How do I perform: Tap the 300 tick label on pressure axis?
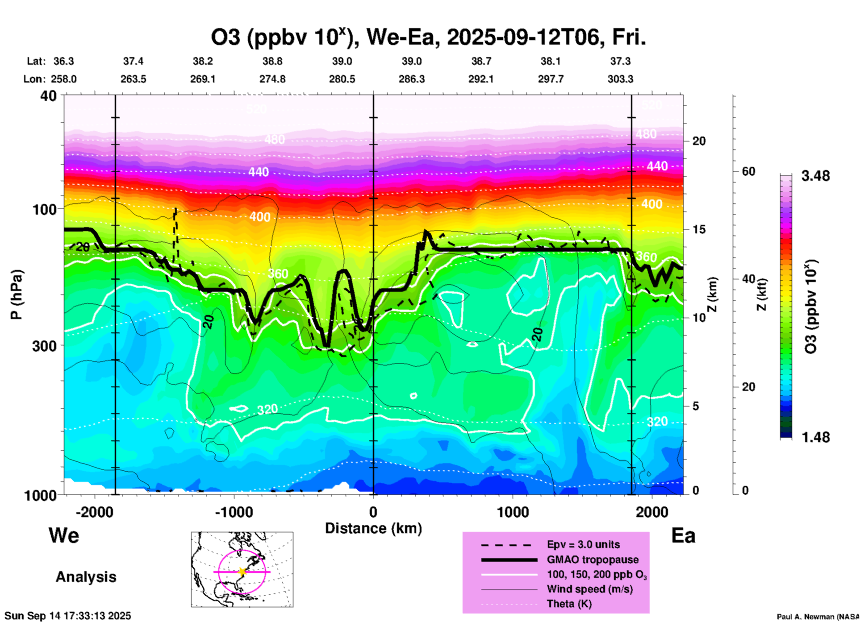[x=44, y=346]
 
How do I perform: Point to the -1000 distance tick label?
[x=234, y=512]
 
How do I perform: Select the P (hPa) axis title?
[x=17, y=294]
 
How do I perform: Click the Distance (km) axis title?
[x=373, y=528]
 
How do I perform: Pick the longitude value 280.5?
[x=342, y=79]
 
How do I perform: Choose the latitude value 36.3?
[x=64, y=61]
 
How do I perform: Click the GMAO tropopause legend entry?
[x=593, y=560]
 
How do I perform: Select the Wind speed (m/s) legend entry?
[x=589, y=589]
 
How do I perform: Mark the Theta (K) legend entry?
[x=569, y=604]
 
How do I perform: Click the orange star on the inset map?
[x=242, y=572]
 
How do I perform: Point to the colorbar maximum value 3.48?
[x=815, y=176]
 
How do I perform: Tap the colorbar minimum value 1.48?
[x=815, y=437]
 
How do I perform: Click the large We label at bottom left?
[x=64, y=535]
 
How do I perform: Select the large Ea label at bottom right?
[x=683, y=535]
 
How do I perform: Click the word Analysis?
[x=86, y=577]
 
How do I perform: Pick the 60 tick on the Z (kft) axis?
[x=748, y=171]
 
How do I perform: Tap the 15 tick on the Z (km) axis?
[x=699, y=229]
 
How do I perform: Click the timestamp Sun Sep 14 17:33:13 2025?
[x=68, y=616]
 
